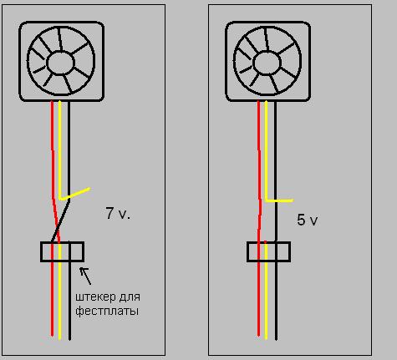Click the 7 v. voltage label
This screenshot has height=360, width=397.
tap(118, 214)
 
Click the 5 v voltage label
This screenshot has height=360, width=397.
tap(308, 220)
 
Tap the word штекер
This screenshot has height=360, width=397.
tap(95, 297)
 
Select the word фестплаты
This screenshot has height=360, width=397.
tap(107, 311)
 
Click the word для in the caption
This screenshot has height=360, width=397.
tap(130, 297)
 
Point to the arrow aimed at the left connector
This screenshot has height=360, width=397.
tap(85, 276)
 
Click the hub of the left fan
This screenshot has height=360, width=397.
tap(61, 63)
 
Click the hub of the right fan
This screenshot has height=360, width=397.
tap(267, 63)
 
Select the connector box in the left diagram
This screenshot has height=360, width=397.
tap(62, 251)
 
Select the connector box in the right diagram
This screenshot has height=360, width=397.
tap(268, 251)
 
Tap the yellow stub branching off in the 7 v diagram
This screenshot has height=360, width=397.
tap(75, 194)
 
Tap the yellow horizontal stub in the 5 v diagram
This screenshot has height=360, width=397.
tap(279, 200)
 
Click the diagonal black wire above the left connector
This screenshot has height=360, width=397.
tap(60, 221)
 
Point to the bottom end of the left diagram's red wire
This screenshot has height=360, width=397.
tap(52, 336)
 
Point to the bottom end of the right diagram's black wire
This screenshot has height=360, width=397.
tap(276, 339)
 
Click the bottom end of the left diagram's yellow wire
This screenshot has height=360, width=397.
tap(59, 338)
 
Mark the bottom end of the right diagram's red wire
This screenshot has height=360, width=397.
tap(258, 336)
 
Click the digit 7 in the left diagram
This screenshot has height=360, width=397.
tap(110, 213)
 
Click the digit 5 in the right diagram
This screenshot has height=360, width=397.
tap(301, 220)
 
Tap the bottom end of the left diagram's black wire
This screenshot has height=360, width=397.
tap(69, 339)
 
